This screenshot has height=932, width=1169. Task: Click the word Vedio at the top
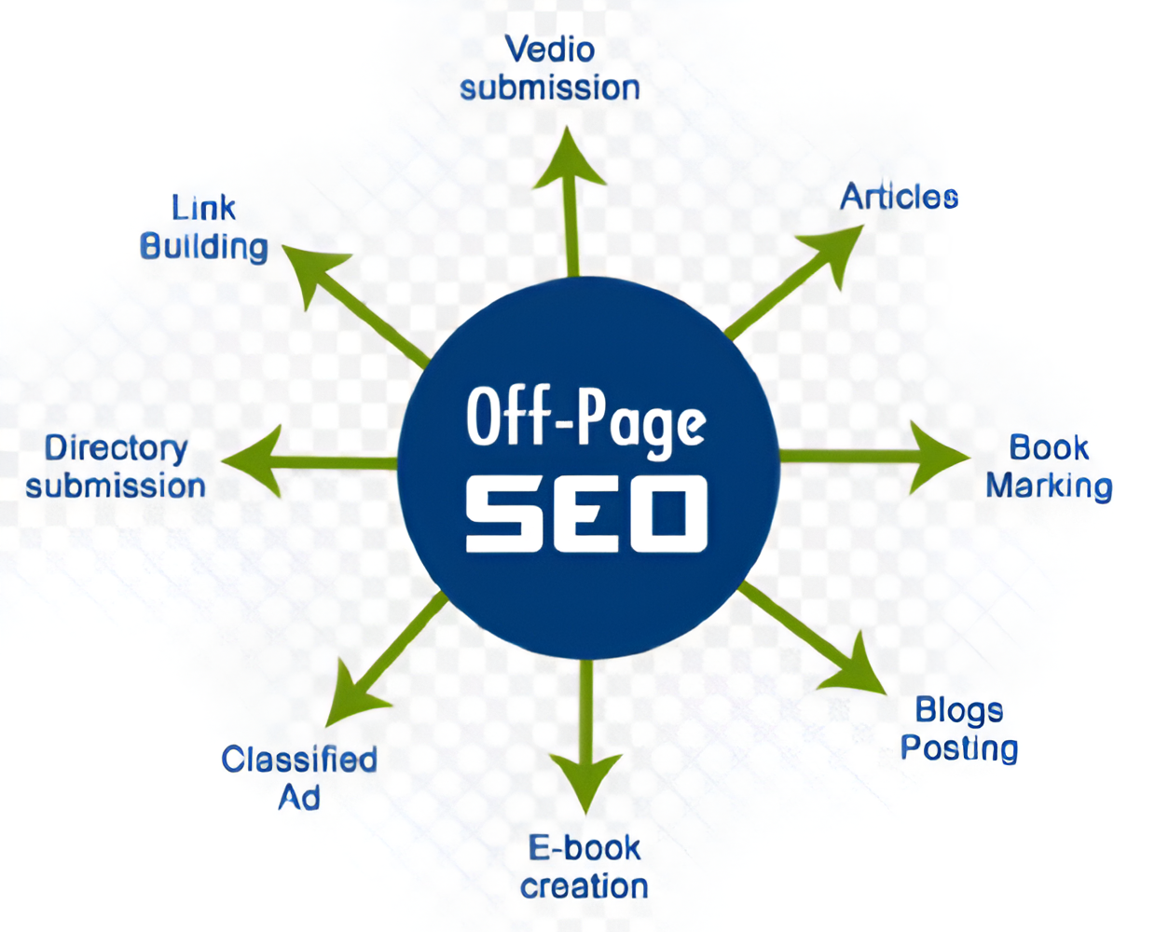pyautogui.click(x=549, y=49)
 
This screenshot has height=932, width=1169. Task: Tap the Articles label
pyautogui.click(x=899, y=197)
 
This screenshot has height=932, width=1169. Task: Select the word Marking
pyautogui.click(x=1049, y=487)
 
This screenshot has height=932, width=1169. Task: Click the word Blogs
pyautogui.click(x=958, y=710)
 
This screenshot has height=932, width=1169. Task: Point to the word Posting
pyautogui.click(x=958, y=748)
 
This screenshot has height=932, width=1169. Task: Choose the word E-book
pyautogui.click(x=584, y=848)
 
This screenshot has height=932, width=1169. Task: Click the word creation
pyautogui.click(x=584, y=886)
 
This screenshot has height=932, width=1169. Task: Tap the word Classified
pyautogui.click(x=299, y=760)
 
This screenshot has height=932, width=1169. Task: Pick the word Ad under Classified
pyautogui.click(x=299, y=798)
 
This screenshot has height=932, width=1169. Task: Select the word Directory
pyautogui.click(x=116, y=448)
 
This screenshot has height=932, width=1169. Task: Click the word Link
pyautogui.click(x=203, y=208)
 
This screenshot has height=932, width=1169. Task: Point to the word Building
pyautogui.click(x=203, y=247)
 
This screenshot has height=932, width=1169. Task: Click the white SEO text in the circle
pyautogui.click(x=585, y=514)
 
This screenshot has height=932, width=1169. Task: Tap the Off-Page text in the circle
pyautogui.click(x=585, y=419)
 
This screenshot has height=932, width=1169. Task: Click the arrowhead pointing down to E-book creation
pyautogui.click(x=585, y=779)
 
